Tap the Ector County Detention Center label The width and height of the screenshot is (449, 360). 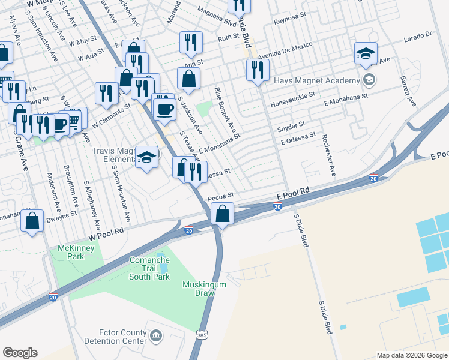click(x=122, y=337)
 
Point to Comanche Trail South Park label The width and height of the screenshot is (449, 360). click(x=150, y=268)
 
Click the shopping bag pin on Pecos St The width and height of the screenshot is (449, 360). click(x=222, y=214)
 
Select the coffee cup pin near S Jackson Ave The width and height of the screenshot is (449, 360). click(x=164, y=109)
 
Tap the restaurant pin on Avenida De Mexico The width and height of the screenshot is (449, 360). click(x=257, y=70)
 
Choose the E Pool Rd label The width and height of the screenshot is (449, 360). click(x=293, y=194)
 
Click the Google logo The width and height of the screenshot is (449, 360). click(x=20, y=353)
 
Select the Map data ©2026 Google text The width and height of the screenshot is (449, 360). click(x=412, y=355)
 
